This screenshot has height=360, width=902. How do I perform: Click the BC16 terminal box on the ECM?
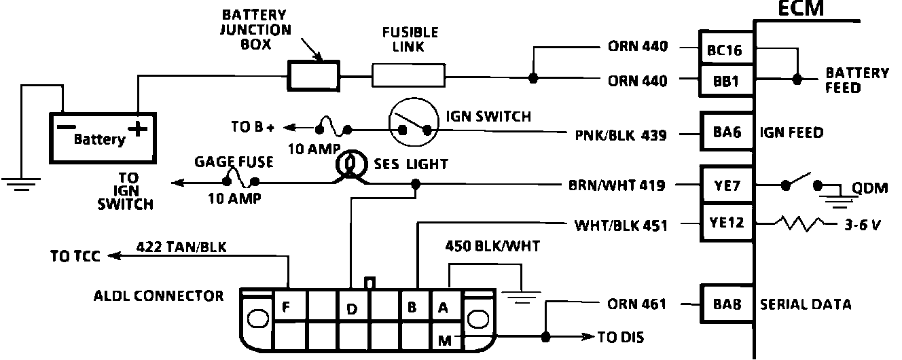point(727,49)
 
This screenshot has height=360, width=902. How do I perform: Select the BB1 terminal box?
point(727,81)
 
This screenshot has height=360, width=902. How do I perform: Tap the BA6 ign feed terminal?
point(727,133)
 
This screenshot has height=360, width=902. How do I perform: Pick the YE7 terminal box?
point(727,185)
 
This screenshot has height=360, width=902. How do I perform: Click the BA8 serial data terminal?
point(727,304)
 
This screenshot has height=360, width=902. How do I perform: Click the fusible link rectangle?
point(408,75)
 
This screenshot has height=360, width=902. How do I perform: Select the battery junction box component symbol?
point(313,75)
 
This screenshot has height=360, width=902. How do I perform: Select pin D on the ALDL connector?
point(351,309)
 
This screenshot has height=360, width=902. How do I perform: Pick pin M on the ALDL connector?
point(445,340)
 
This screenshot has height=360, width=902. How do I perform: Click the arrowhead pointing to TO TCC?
point(113,255)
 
